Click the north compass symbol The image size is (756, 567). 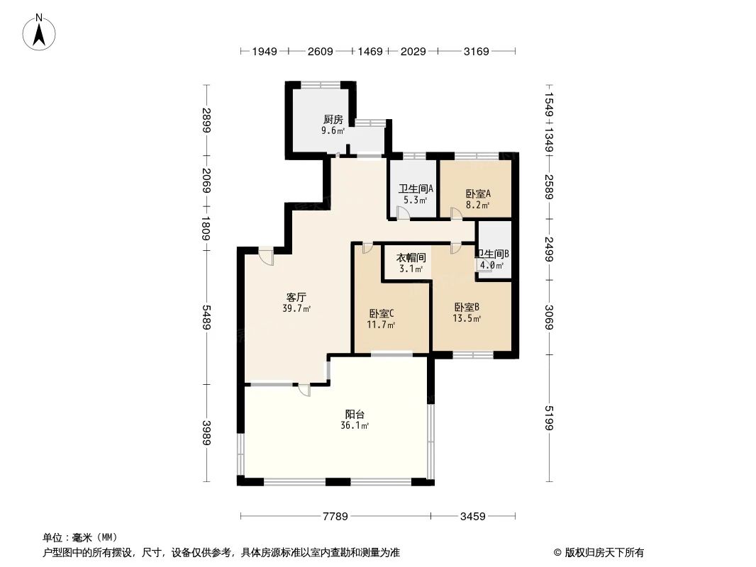click(x=40, y=31)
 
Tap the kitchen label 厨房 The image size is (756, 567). click(x=333, y=119)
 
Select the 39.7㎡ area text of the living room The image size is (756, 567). click(x=296, y=308)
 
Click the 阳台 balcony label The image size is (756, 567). click(x=355, y=414)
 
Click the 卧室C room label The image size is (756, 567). click(x=382, y=313)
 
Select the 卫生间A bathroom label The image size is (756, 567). click(x=416, y=189)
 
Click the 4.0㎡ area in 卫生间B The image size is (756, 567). click(x=491, y=266)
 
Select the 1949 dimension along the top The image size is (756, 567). click(x=263, y=51)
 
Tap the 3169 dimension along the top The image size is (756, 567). click(x=476, y=51)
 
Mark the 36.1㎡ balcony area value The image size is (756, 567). click(x=355, y=426)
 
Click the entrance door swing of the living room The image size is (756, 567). click(x=267, y=255)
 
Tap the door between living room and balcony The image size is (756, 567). click(x=304, y=389)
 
